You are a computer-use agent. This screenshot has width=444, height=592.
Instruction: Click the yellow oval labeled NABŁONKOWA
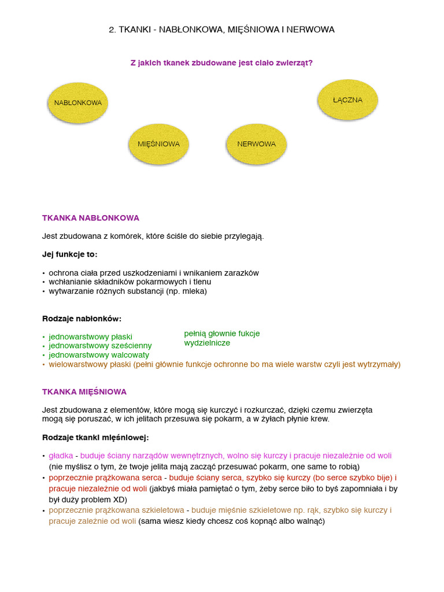78,103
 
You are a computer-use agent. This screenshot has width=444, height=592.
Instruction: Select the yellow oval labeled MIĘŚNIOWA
158,144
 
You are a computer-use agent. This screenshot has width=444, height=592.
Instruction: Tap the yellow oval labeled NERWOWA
256,144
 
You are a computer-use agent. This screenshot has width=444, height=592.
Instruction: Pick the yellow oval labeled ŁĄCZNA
347,100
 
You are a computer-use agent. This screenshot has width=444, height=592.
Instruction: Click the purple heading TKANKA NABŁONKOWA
91,218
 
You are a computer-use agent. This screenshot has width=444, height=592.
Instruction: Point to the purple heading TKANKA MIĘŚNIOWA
84,392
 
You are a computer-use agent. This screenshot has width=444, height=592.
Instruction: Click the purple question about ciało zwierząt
221,62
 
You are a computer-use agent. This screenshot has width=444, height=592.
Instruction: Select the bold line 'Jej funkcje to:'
70,254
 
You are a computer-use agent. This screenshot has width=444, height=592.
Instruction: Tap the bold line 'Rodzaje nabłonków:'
82,319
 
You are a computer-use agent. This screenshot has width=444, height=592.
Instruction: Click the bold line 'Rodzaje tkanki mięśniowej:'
95,437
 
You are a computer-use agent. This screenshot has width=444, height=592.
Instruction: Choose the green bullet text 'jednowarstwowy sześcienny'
100,346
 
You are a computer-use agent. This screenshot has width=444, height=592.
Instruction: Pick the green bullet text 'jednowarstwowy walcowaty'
99,355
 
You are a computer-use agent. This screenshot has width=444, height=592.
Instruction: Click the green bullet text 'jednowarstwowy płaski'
91,336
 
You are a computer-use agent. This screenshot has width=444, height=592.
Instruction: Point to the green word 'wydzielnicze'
207,343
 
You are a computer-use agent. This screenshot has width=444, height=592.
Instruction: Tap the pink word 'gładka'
61,456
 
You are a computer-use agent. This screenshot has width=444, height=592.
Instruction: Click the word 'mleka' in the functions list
194,291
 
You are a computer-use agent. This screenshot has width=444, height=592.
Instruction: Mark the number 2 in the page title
112,29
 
